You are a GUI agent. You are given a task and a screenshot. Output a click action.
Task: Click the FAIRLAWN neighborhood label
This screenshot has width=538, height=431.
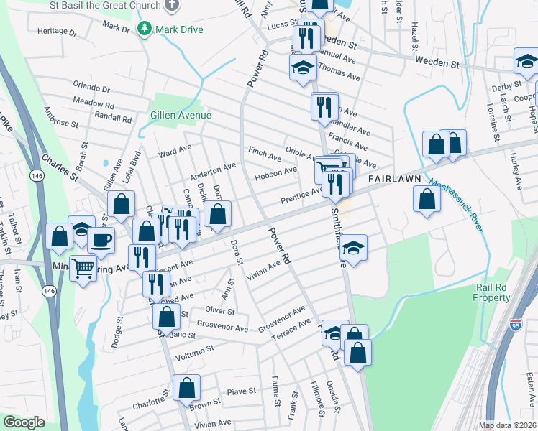[389, 178]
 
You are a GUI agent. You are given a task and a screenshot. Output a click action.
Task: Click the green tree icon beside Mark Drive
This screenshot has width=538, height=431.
[145, 29]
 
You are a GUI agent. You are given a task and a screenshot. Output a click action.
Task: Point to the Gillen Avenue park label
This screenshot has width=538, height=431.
[181, 115]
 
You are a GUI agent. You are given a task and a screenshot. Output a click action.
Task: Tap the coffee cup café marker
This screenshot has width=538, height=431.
[101, 240]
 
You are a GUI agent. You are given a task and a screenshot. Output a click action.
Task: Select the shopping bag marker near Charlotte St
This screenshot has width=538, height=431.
[186, 389]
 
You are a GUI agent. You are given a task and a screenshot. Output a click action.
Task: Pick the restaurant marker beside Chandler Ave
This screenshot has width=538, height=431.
[324, 107]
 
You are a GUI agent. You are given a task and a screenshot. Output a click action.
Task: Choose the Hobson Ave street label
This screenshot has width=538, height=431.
[276, 173]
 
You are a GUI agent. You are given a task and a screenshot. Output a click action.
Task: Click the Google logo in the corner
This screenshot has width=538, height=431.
[24, 422]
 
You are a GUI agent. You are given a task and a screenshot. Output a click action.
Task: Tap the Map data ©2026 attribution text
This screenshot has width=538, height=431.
[506, 425]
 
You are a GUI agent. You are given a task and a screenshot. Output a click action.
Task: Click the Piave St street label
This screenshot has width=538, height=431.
[242, 391]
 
